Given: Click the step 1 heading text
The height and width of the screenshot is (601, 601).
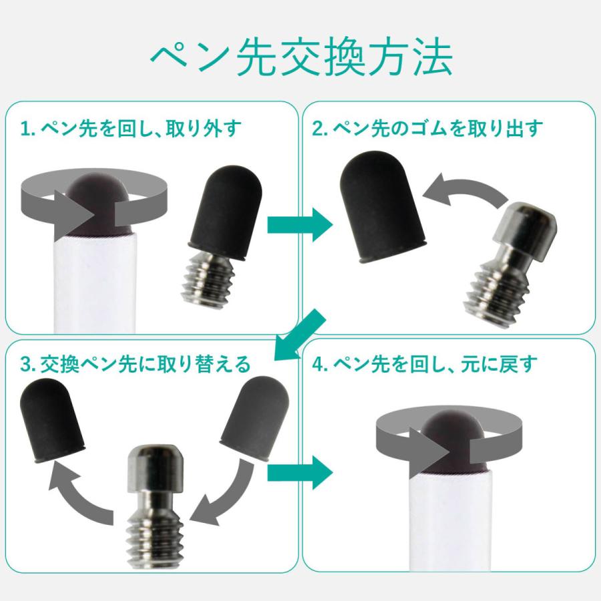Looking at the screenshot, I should click(x=130, y=128).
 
